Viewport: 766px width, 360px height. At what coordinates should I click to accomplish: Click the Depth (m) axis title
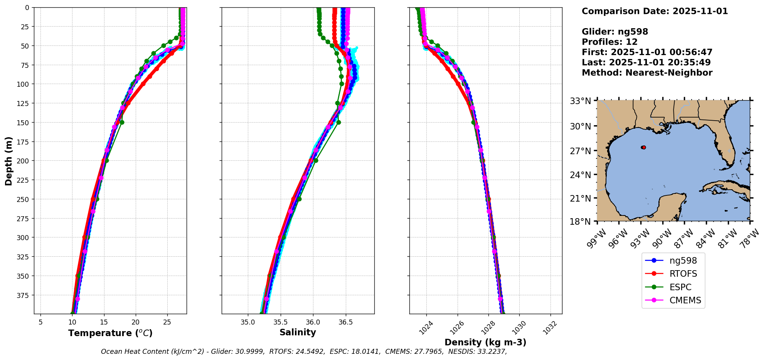coord(8,161)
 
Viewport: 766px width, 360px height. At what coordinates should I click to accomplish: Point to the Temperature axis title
coord(110,333)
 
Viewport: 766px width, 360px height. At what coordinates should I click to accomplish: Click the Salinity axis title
coord(298,332)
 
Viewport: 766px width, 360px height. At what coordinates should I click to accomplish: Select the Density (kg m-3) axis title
coord(485,342)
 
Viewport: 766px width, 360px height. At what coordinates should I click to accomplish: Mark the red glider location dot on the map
coord(643,147)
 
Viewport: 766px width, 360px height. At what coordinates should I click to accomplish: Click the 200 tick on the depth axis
coord(24,161)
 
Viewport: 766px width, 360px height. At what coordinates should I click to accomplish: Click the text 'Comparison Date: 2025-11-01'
coord(655,11)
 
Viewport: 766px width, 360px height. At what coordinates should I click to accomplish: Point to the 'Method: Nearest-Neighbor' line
coord(647,72)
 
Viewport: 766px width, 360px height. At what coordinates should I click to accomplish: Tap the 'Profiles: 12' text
coord(609,42)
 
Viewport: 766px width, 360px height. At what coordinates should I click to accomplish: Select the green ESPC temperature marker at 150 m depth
coord(122,122)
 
